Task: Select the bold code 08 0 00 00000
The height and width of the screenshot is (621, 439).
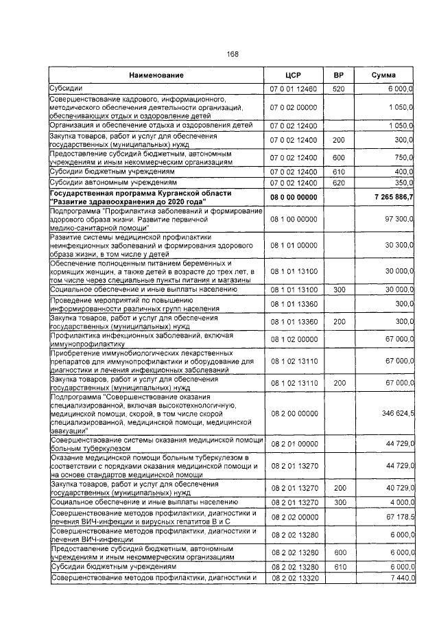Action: pos(293,197)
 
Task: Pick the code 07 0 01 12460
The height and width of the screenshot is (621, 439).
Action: pos(293,88)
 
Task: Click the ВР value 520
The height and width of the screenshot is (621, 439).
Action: pos(338,88)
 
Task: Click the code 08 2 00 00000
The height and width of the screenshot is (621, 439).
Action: pos(293,413)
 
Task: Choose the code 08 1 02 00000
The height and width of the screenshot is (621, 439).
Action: pos(293,339)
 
